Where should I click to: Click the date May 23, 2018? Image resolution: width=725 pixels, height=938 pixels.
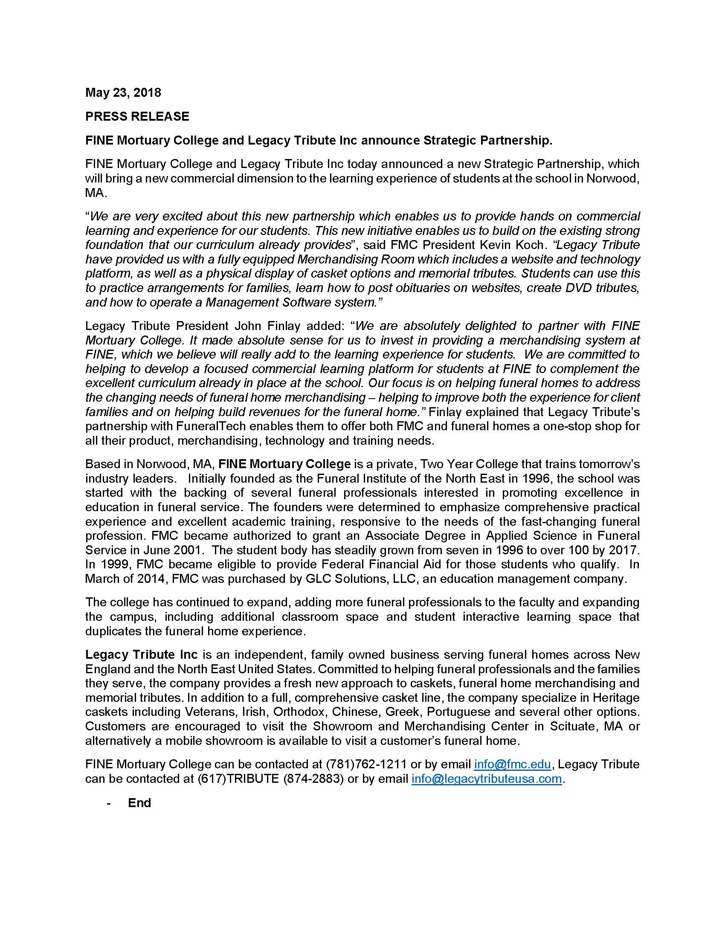pos(123,93)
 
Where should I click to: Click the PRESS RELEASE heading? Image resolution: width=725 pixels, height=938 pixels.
pos(137,116)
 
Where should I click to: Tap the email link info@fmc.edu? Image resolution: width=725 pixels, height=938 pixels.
pos(512,764)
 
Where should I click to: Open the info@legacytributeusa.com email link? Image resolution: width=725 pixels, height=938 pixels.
pos(486,779)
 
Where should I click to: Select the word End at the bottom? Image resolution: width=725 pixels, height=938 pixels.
pos(139,803)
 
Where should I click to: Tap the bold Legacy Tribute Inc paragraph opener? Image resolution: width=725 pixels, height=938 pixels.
pos(141,654)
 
